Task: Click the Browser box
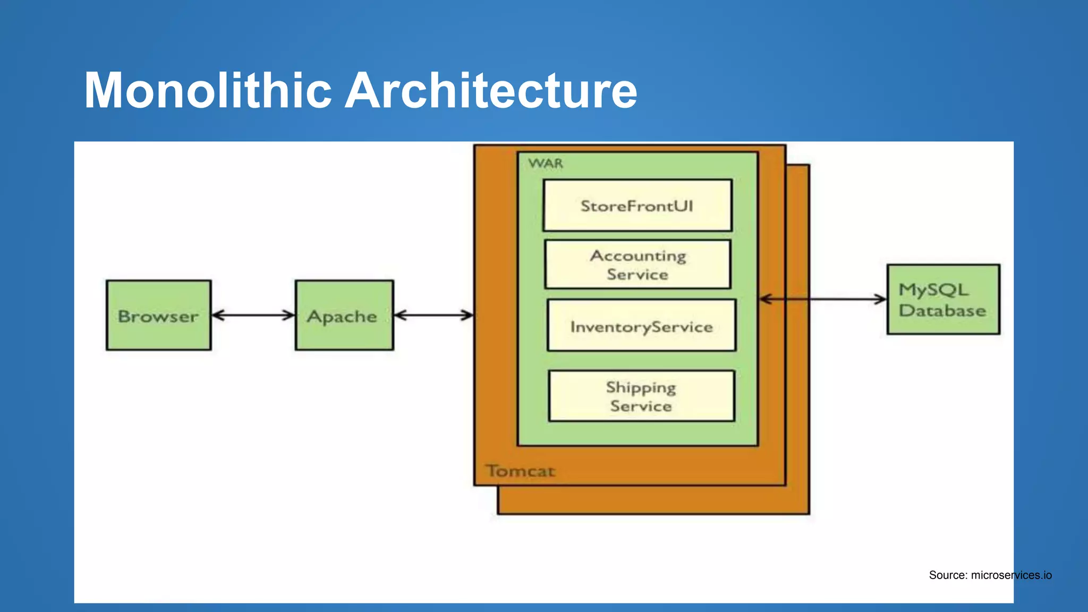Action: pos(158,315)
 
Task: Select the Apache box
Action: pos(344,315)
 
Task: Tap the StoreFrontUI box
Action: pos(637,206)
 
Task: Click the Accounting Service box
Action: pos(637,265)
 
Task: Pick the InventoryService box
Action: pos(641,326)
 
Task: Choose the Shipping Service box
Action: pos(641,396)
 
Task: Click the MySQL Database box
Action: pos(943,300)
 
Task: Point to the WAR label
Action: pos(546,164)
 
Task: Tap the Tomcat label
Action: pos(521,471)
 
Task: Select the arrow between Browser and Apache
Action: pos(253,316)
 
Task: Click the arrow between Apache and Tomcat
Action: pos(433,316)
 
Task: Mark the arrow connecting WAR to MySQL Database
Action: pos(823,300)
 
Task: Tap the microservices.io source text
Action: pos(1011,575)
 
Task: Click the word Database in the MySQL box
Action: pos(942,311)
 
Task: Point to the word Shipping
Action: pos(641,388)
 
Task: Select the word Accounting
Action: pos(638,256)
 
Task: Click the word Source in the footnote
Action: pos(948,575)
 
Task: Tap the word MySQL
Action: pos(933,290)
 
